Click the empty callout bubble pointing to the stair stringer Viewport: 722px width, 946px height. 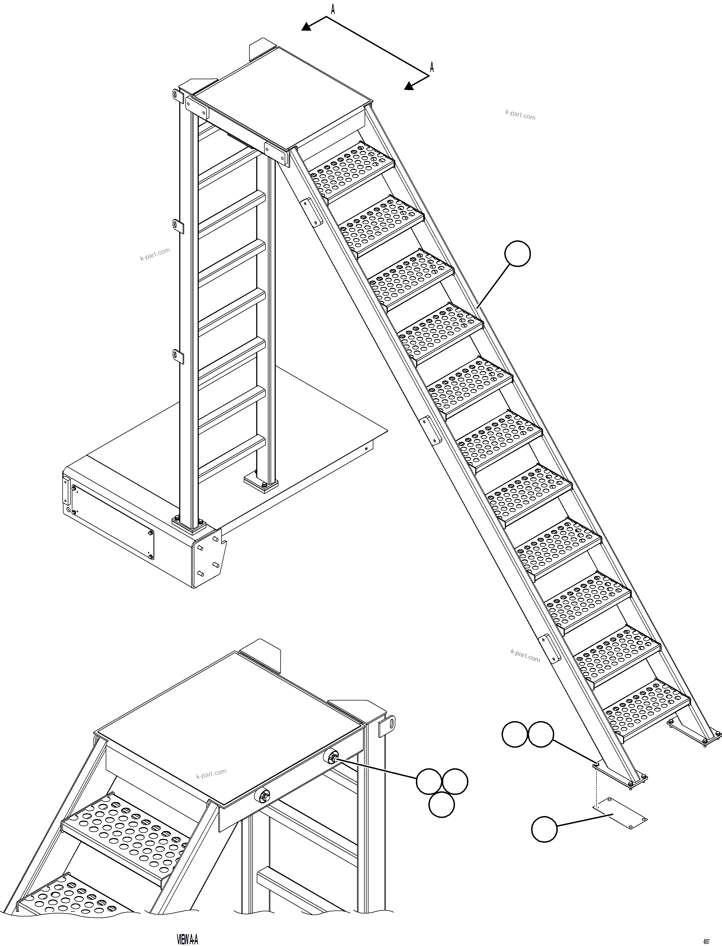[517, 254]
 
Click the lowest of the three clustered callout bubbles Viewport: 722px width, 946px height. [441, 805]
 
